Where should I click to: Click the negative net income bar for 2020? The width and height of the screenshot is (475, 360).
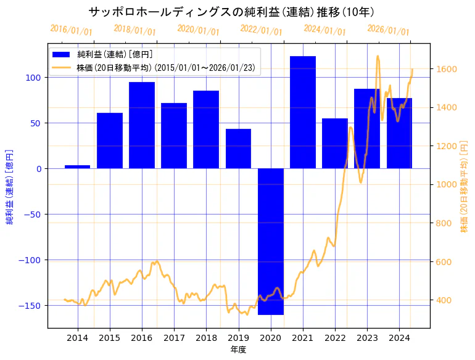point(271,241)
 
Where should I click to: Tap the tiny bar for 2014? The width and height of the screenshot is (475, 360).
point(78,166)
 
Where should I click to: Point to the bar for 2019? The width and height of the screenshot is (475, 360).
point(238,149)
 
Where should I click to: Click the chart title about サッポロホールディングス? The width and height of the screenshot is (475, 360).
point(231,12)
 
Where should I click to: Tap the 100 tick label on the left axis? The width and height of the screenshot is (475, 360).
point(33,78)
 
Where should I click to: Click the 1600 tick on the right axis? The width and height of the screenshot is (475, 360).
point(446,68)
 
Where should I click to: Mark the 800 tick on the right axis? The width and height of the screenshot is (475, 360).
point(444,223)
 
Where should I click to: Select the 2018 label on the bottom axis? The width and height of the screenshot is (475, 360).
point(206,337)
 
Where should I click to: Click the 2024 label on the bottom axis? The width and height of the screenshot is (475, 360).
point(399,337)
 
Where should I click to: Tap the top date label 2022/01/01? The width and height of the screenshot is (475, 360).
point(261,30)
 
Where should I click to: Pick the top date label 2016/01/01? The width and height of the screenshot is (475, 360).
point(71,30)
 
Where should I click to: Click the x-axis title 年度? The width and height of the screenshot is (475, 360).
point(238,350)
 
